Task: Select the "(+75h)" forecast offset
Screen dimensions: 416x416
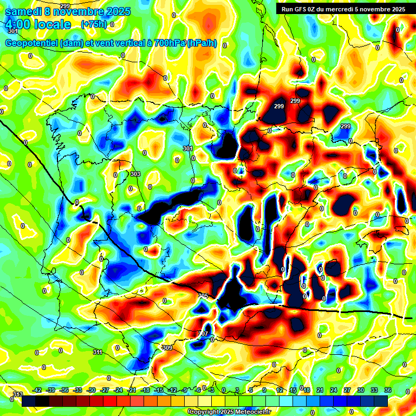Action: [93, 24]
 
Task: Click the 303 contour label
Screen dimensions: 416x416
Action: [135, 174]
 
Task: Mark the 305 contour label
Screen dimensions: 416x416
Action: [203, 295]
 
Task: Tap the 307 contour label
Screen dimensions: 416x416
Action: [203, 333]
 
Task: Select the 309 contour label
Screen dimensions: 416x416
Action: [167, 348]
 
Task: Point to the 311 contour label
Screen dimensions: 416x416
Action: [97, 352]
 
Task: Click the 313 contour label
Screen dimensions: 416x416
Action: [17, 394]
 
